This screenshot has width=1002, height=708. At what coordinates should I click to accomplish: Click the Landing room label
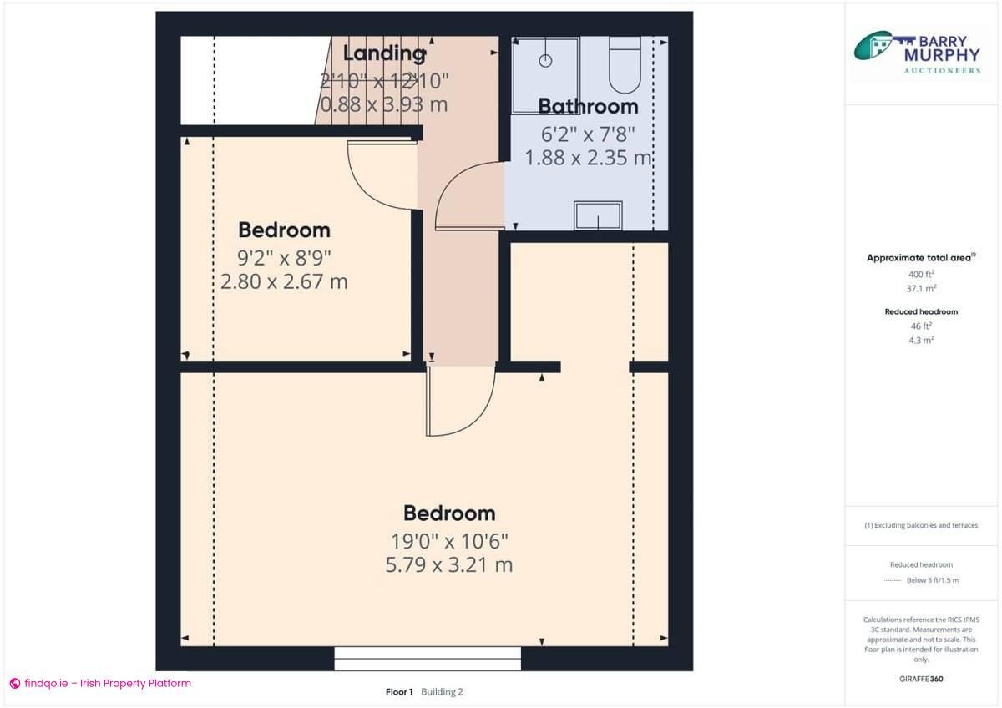384,53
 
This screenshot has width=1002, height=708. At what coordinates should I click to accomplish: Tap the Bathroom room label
588,106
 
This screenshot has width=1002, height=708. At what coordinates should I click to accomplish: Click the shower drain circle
545,60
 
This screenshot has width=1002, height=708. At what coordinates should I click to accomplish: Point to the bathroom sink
598,215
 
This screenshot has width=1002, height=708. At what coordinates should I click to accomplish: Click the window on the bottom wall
428,658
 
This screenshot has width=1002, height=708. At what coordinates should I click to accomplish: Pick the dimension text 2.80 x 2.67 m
284,282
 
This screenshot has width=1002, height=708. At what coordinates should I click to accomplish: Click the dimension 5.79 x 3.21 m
449,565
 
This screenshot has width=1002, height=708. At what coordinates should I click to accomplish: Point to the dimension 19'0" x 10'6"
449,540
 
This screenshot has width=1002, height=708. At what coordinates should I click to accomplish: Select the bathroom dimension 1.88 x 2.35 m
588,158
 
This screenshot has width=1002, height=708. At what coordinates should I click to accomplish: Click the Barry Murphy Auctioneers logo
916,53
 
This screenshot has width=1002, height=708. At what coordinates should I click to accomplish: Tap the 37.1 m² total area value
921,288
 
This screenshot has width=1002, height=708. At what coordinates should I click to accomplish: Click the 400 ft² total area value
921,274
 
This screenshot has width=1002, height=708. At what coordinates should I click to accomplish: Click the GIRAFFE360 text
921,679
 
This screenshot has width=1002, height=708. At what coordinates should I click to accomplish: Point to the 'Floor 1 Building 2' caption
423,691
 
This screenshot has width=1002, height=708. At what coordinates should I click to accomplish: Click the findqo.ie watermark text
100,683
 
